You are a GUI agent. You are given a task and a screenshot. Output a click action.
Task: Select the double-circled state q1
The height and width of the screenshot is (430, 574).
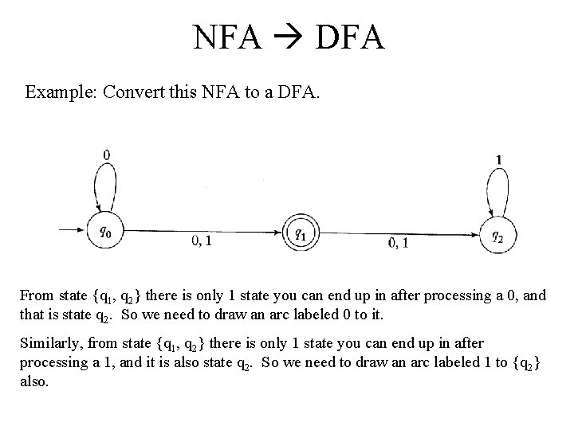pos(299,233)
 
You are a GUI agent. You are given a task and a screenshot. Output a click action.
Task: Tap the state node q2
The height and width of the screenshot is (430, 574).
pos(497,235)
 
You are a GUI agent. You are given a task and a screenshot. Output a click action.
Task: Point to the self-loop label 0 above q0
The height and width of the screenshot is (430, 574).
pos(107,154)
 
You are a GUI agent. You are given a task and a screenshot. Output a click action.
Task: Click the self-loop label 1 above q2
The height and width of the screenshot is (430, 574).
pos(499,160)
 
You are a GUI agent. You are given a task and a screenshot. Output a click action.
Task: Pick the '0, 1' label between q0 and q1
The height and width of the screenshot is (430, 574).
pos(202,241)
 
